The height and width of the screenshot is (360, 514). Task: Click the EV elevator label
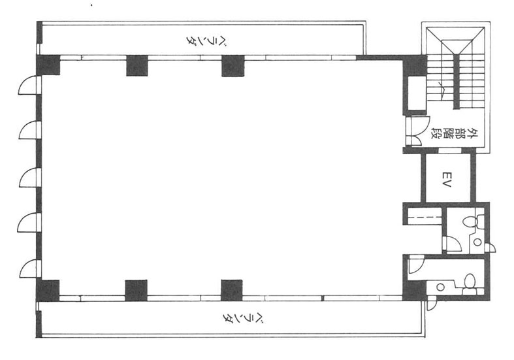(x=446, y=180)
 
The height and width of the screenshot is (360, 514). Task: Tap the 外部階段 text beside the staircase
(x=454, y=133)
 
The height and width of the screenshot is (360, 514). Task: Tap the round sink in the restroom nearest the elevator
(x=477, y=242)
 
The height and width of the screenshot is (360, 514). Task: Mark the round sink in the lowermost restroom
(x=441, y=287)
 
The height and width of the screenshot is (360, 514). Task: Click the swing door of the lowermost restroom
(x=416, y=265)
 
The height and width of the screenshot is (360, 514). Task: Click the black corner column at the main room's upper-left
(x=48, y=65)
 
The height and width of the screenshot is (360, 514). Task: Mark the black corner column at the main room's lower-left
(x=48, y=291)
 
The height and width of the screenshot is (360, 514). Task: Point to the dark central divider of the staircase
(x=456, y=81)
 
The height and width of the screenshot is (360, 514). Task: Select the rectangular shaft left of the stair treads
(x=416, y=94)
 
